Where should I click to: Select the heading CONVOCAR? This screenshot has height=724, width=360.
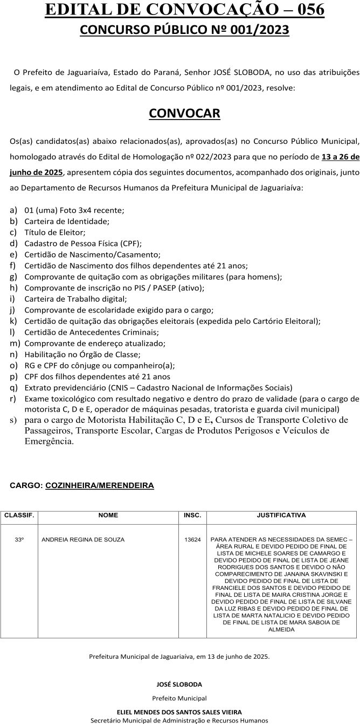(x=184, y=114)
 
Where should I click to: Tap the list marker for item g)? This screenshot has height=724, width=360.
(x=14, y=276)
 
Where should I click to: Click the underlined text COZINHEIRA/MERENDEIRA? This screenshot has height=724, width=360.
(x=100, y=485)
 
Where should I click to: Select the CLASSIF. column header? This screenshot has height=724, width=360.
(x=19, y=515)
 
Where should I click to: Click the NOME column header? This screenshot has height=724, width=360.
(x=108, y=515)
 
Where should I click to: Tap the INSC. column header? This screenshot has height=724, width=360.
(x=192, y=515)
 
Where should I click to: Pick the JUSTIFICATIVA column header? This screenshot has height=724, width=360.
(x=281, y=515)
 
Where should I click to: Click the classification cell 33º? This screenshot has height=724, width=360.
(x=19, y=539)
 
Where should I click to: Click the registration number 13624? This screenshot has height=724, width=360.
(x=192, y=539)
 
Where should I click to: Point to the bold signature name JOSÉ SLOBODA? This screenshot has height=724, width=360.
(x=179, y=685)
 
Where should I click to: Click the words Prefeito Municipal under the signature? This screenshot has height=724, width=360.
(x=179, y=698)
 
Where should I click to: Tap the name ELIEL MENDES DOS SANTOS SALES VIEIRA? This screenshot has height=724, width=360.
(x=179, y=712)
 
